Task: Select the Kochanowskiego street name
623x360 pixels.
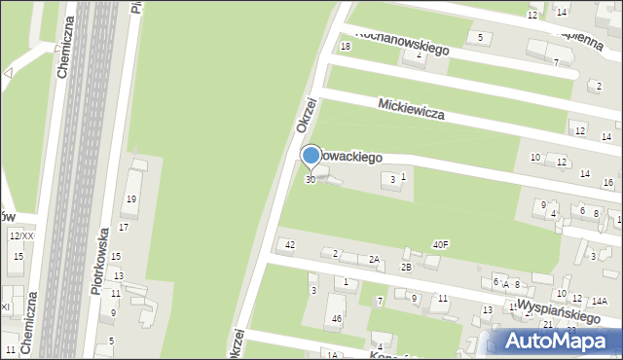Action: [400, 41]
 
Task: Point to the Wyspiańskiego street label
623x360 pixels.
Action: [555, 308]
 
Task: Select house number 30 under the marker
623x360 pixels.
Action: [310, 179]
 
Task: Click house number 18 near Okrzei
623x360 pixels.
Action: [344, 47]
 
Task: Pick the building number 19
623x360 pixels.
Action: [130, 199]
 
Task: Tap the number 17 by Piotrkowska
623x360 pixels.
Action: [124, 227]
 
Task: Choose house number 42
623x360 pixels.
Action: [289, 244]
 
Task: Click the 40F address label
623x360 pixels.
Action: [441, 244]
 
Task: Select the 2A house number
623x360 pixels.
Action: [374, 259]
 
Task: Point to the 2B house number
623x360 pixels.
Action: [407, 267]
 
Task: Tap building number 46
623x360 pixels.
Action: [337, 318]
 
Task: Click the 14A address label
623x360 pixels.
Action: [599, 302]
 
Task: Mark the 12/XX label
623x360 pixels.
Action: [20, 236]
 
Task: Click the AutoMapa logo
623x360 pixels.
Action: [556, 341]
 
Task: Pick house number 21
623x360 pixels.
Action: [548, 324]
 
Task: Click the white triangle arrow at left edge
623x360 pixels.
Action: [9, 72]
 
